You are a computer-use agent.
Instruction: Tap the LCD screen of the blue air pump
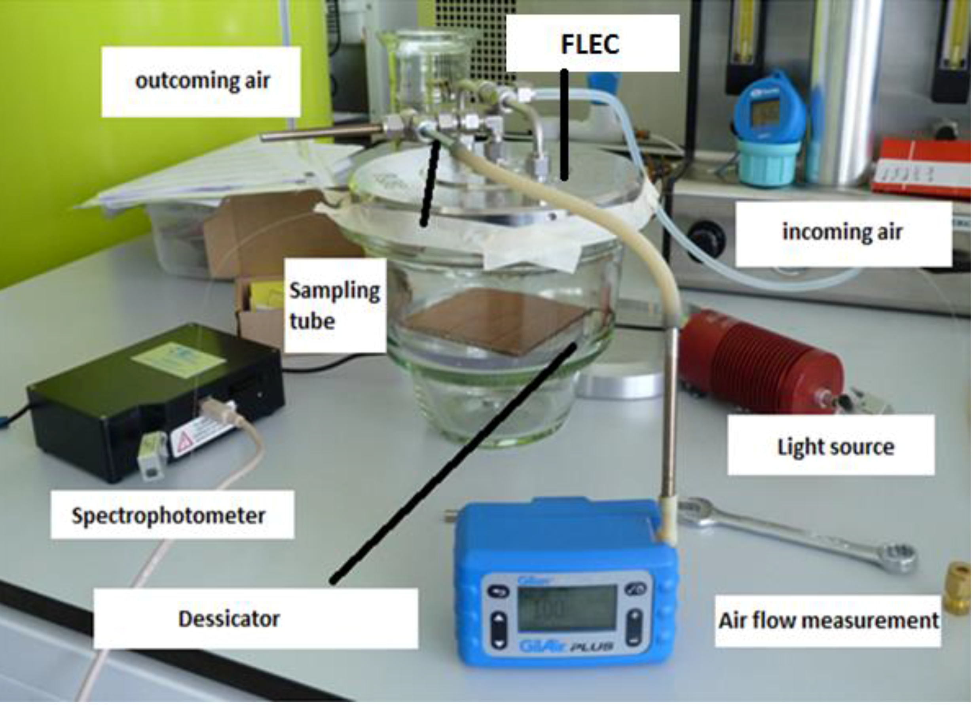[x=566, y=608]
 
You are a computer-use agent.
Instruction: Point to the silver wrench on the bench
[x=798, y=536]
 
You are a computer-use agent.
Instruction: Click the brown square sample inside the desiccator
[x=493, y=321]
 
